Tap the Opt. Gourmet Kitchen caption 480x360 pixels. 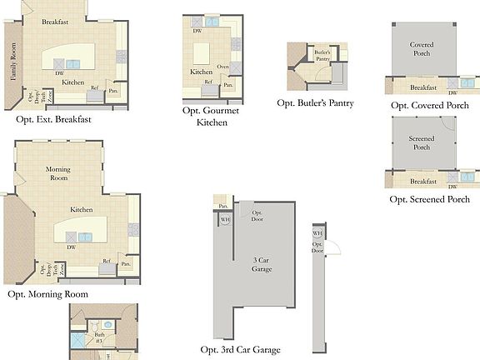coord(212,117)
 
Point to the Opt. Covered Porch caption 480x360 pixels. coord(429,106)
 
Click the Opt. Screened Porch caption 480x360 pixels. coord(429,200)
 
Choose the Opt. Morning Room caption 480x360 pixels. coord(47,294)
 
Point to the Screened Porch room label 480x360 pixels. coord(422,142)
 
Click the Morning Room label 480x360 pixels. coord(57,174)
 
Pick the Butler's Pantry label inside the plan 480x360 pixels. coord(322,56)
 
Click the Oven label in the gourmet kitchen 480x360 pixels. coord(222,67)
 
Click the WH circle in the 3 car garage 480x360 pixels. coord(225,220)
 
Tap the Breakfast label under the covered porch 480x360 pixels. coord(423,87)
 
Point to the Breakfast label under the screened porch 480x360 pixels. coord(423,182)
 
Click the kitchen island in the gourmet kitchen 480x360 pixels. coord(202,53)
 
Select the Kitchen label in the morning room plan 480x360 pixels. coord(81,210)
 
